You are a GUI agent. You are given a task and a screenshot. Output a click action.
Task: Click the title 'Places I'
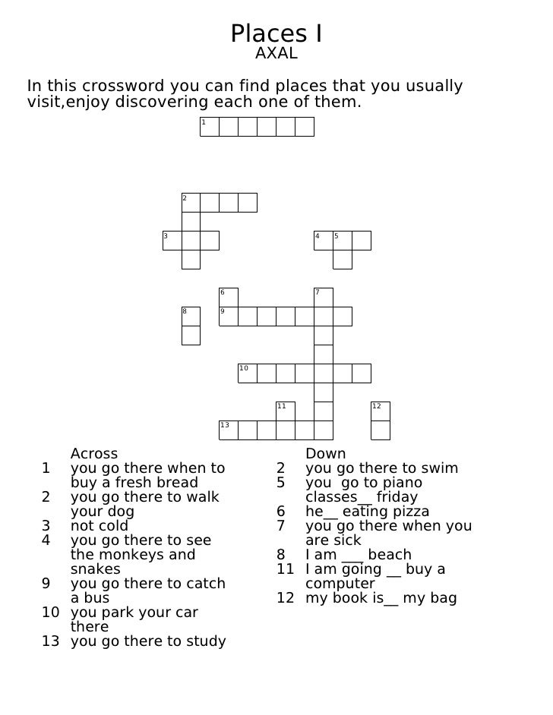pos(276,33)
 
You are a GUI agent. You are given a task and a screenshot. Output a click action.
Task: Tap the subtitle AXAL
pos(276,55)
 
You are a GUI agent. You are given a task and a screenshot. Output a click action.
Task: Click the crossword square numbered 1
pos(210,127)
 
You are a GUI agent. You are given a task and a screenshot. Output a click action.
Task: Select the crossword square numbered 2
pos(191,203)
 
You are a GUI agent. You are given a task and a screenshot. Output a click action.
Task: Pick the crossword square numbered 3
pos(172,241)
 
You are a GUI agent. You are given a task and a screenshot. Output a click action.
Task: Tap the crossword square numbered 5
pos(343,241)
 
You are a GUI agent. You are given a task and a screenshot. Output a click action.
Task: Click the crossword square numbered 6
pos(229,298)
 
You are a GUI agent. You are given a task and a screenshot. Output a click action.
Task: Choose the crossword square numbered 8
pos(191,317)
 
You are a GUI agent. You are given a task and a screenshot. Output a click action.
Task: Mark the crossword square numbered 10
pos(248,373)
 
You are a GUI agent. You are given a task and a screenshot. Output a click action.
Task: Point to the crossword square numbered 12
pos(381,411)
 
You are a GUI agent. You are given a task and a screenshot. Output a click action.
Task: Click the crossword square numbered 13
pos(229,430)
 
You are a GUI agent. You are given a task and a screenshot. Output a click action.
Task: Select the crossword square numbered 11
pos(286,411)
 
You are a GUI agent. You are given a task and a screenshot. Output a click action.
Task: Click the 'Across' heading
pos(94,454)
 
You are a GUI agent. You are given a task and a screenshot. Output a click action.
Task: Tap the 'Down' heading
pos(325,454)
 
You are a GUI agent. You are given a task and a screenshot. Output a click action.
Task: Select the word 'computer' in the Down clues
pos(340,584)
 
